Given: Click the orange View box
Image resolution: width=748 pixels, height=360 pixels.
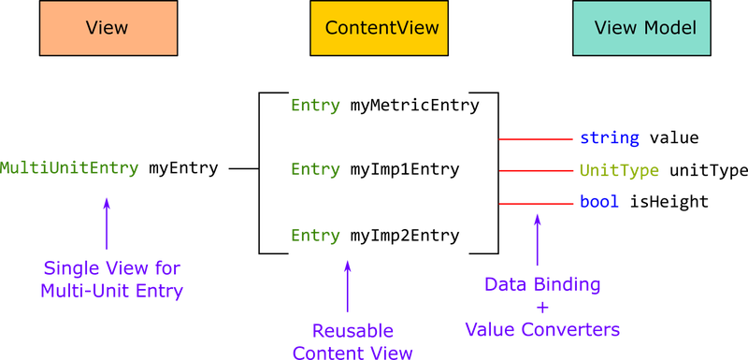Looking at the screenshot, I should click(x=108, y=28).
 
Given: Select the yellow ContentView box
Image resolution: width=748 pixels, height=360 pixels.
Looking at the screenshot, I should click(x=381, y=28).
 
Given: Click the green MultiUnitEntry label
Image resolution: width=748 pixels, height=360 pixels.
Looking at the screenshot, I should click(x=69, y=169).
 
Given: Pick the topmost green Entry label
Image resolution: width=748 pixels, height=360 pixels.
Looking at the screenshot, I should click(x=315, y=106).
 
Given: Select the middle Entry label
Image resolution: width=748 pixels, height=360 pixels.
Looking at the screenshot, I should click(x=315, y=170).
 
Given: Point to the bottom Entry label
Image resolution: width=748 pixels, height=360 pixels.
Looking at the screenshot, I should click(x=315, y=236).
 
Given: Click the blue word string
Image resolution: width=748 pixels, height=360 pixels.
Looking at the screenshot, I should click(x=609, y=138).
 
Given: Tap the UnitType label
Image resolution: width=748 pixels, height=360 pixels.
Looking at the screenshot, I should click(x=619, y=171).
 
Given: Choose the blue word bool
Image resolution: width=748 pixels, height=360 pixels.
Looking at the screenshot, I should click(x=599, y=202).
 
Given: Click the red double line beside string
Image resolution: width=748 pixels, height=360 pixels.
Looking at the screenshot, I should click(x=536, y=138).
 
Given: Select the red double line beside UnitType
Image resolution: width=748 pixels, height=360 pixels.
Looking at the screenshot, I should click(x=536, y=171).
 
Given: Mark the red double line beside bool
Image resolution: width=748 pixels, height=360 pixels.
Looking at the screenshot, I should click(x=536, y=203).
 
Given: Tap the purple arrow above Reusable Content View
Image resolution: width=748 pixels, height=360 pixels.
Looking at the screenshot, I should click(x=348, y=286).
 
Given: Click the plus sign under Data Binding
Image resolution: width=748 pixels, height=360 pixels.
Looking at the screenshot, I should click(x=542, y=307).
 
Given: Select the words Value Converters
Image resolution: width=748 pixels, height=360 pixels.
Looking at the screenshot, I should click(x=542, y=329).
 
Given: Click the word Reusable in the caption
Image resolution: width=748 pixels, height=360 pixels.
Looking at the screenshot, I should click(x=352, y=331).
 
